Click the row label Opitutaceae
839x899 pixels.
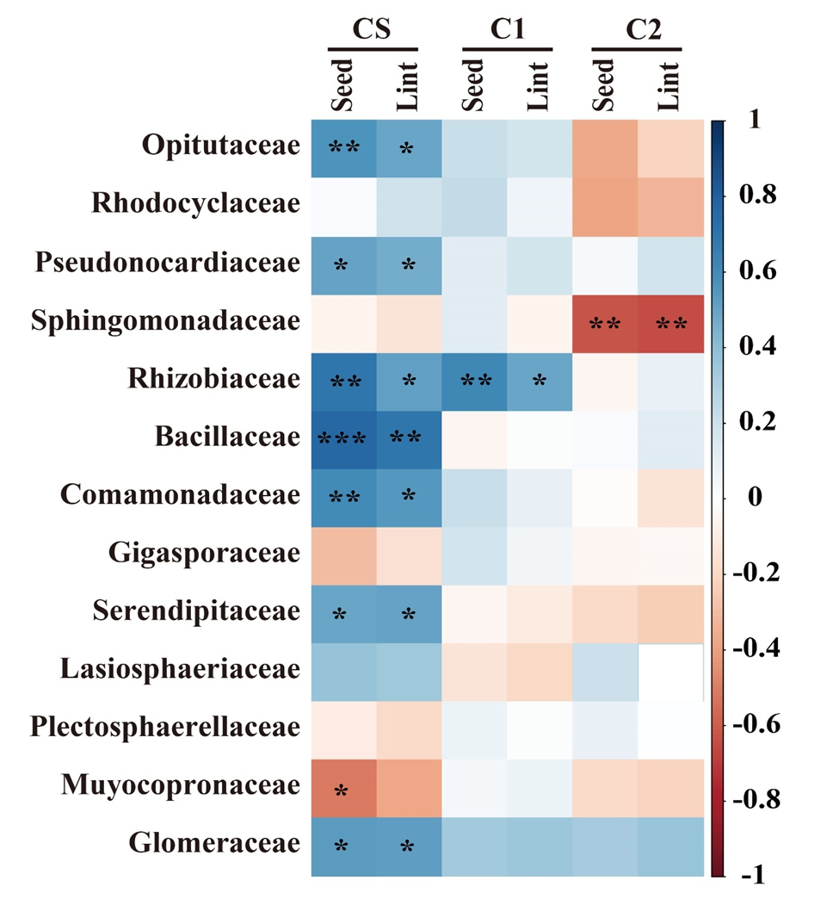pyautogui.click(x=221, y=146)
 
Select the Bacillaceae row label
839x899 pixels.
pyautogui.click(x=228, y=437)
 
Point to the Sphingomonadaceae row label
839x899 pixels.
pyautogui.click(x=165, y=320)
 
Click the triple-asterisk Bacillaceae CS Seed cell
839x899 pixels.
pyautogui.click(x=342, y=437)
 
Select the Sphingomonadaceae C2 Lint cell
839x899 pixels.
pyautogui.click(x=670, y=322)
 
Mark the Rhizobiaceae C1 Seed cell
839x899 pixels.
pyautogui.click(x=474, y=380)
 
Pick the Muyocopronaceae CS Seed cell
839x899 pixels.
pyautogui.click(x=342, y=786)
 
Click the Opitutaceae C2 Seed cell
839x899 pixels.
pyautogui.click(x=605, y=147)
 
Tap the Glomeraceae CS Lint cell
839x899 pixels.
pyautogui.click(x=408, y=845)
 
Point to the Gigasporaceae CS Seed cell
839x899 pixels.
pyautogui.click(x=342, y=554)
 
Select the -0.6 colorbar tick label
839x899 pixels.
pyautogui.click(x=755, y=724)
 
